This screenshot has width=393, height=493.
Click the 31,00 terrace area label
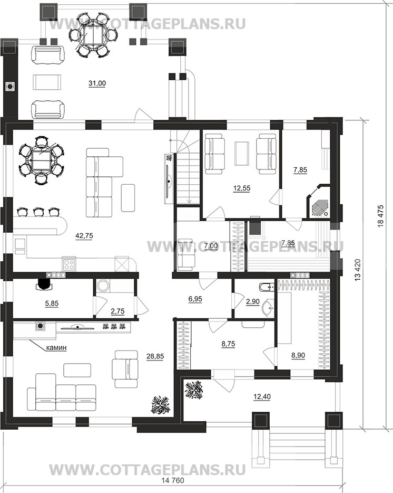pos(97,83)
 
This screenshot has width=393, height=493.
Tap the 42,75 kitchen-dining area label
pos(84,235)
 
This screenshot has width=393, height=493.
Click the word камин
pos(56,348)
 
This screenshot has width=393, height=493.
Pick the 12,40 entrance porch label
pos(262,397)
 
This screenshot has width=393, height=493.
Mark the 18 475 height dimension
pos(381,216)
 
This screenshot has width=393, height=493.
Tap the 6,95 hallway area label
pos(195,299)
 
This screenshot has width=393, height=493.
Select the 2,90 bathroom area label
pos(253,301)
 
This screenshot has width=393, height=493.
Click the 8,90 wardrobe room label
pos(298,356)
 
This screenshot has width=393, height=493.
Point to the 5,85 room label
pos(52,304)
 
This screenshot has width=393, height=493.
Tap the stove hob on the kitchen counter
pos(69,264)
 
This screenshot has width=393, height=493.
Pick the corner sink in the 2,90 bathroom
pos(269,308)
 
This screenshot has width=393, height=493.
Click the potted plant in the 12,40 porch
pos(194,390)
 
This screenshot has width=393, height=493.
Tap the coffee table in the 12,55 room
pos(241,153)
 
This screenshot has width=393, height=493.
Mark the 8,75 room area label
pos(228,344)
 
